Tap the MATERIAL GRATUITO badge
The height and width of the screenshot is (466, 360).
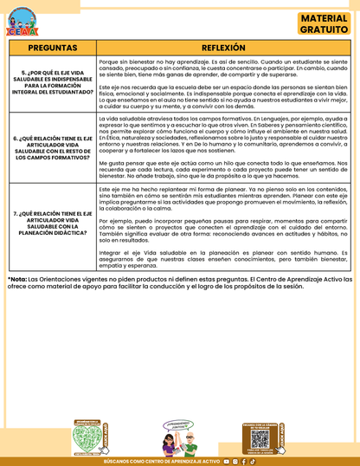pyautogui.click(x=325, y=23)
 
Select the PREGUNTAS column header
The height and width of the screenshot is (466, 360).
pyautogui.click(x=52, y=49)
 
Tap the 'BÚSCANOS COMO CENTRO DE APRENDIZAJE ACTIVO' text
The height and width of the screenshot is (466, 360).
pyautogui.click(x=160, y=462)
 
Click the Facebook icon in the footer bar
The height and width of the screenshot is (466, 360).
pyautogui.click(x=243, y=462)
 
